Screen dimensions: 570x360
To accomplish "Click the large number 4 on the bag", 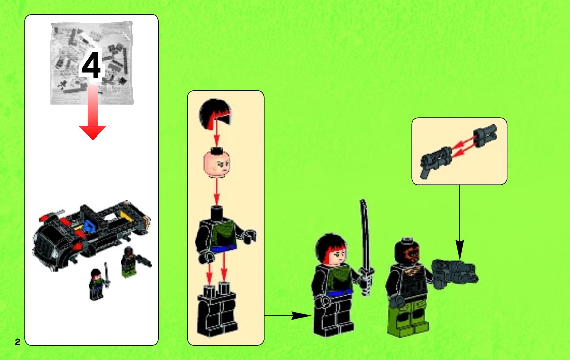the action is [92, 65].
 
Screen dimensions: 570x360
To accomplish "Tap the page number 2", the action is [18, 342].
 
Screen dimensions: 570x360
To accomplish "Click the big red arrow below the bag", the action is [93, 112].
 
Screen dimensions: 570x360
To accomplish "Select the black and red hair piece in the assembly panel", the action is [215, 113].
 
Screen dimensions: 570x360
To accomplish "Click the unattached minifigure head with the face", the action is [217, 163].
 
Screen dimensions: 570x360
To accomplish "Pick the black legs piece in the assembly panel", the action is [217, 310].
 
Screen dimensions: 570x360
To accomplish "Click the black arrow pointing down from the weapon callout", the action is [459, 222].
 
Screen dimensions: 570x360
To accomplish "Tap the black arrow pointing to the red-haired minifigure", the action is [288, 315].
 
